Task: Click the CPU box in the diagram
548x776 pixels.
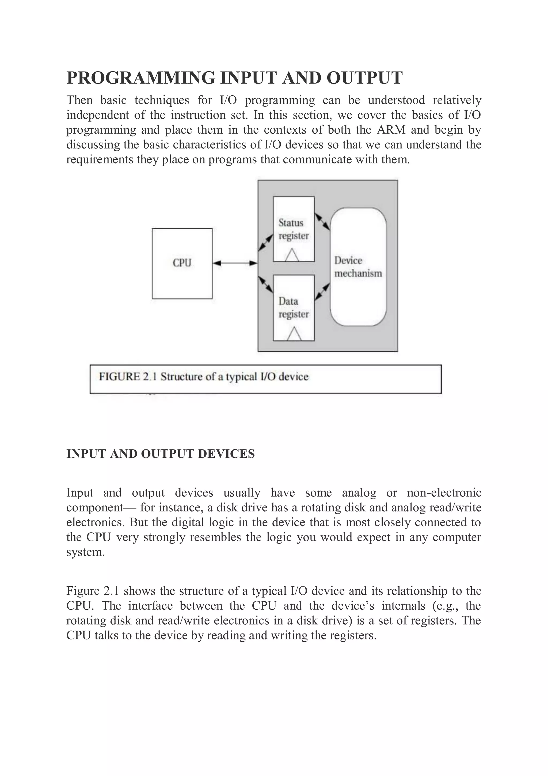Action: pyautogui.click(x=182, y=263)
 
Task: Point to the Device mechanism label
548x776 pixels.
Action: pyautogui.click(x=358, y=267)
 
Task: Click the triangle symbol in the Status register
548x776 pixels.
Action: pyautogui.click(x=292, y=256)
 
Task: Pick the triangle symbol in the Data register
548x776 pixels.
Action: pyautogui.click(x=294, y=334)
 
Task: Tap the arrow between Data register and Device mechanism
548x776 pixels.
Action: pyautogui.click(x=322, y=292)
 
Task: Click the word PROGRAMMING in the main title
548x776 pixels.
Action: pyautogui.click(x=141, y=78)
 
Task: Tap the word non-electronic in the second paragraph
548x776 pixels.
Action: pyautogui.click(x=444, y=493)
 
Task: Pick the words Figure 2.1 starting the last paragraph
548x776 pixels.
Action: pyautogui.click(x=93, y=591)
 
